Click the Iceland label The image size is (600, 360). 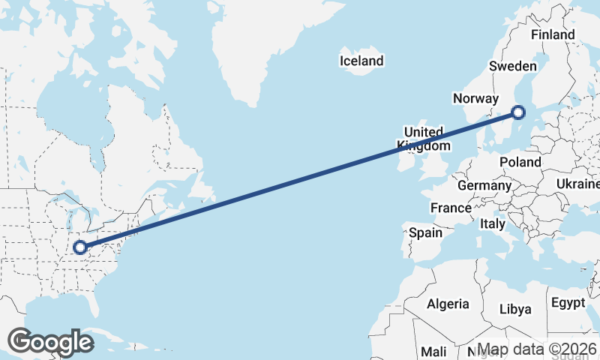[361, 61]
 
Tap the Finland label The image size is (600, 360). [553, 35]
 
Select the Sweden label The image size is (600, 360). [512, 66]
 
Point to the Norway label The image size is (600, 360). [475, 98]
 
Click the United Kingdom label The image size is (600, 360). [424, 139]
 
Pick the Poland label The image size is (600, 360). [520, 162]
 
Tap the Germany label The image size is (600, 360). [484, 185]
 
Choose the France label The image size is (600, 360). [451, 208]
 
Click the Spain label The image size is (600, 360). [425, 232]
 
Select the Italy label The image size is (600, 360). [493, 223]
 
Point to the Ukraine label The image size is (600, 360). [578, 184]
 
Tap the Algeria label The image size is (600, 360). [448, 304]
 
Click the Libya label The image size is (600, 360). [515, 309]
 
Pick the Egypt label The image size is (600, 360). [568, 303]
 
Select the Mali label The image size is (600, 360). [433, 351]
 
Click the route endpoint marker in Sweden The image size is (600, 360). [517, 113]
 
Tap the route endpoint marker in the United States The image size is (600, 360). [79, 246]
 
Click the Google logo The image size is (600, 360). [50, 341]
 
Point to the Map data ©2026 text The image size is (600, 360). [537, 349]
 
